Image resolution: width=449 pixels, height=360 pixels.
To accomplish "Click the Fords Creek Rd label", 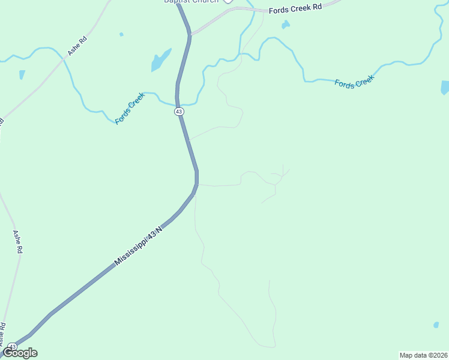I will tap(295, 10).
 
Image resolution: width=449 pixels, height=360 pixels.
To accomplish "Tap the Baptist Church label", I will tap(191, 1).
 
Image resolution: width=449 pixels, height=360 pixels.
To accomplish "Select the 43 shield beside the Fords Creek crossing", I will tap(179, 112).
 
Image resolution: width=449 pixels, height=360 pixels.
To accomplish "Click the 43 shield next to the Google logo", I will tap(12, 346).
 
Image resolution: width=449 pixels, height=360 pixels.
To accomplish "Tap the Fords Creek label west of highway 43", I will tap(130, 108).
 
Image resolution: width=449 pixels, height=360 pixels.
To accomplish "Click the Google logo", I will tap(20, 353).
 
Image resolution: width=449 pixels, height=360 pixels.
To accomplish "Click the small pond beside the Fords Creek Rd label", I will tap(285, 25).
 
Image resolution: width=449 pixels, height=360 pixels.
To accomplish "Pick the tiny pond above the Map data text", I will tap(436, 325).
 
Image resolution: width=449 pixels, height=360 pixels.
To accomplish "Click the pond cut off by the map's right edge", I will tap(445, 88).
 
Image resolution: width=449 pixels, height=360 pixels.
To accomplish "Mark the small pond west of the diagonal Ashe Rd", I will tap(22, 74).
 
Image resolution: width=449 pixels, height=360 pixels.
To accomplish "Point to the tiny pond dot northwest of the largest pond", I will tap(121, 34).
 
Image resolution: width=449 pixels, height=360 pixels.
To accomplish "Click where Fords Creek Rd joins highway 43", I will tap(191, 35).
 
